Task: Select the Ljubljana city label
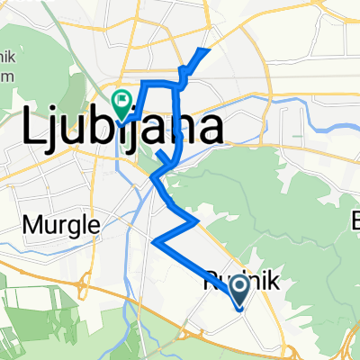pos(121,131)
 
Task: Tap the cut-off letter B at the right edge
pos(355,220)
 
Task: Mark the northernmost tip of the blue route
pos(209,49)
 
